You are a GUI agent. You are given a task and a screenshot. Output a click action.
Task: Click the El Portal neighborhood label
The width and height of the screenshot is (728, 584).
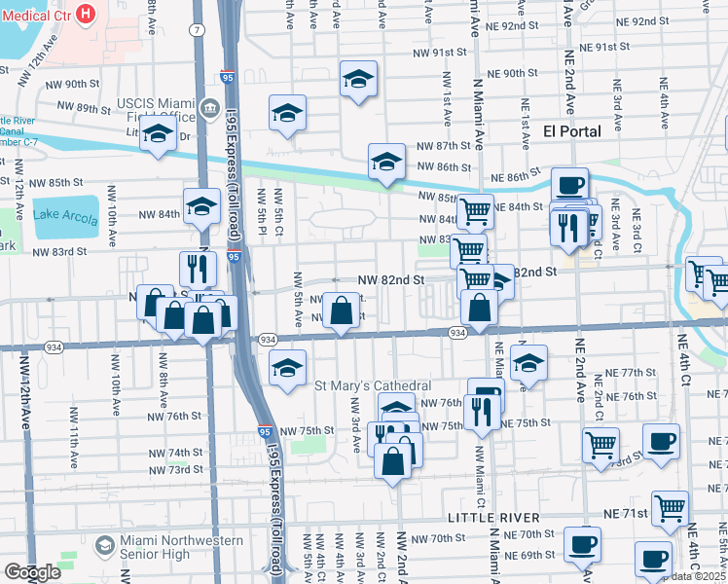click(x=571, y=130)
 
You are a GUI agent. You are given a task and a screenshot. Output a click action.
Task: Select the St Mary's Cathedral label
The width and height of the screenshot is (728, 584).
click(x=373, y=386)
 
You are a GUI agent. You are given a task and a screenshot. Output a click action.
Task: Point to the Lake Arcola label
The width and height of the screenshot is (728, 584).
click(x=66, y=214)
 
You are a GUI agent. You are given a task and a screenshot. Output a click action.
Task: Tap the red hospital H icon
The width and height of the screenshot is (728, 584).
click(x=86, y=14)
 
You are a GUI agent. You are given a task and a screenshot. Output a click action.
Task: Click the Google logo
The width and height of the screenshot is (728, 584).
click(x=32, y=572)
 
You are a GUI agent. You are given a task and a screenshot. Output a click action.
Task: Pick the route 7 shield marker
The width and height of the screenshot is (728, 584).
click(x=199, y=30)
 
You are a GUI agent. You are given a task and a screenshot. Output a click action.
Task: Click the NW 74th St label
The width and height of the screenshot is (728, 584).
click(x=169, y=454)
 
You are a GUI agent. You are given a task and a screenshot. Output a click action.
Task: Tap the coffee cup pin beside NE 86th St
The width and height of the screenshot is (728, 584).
click(x=569, y=184)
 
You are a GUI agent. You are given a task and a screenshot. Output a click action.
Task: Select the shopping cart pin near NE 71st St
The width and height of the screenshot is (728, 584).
click(x=670, y=507)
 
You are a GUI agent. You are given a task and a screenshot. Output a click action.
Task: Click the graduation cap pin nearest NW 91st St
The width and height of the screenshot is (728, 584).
click(x=359, y=79)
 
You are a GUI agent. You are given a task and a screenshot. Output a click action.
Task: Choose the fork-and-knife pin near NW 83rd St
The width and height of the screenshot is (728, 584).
click(x=197, y=268)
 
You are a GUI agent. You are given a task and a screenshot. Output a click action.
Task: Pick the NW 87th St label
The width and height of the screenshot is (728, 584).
click(x=444, y=145)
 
